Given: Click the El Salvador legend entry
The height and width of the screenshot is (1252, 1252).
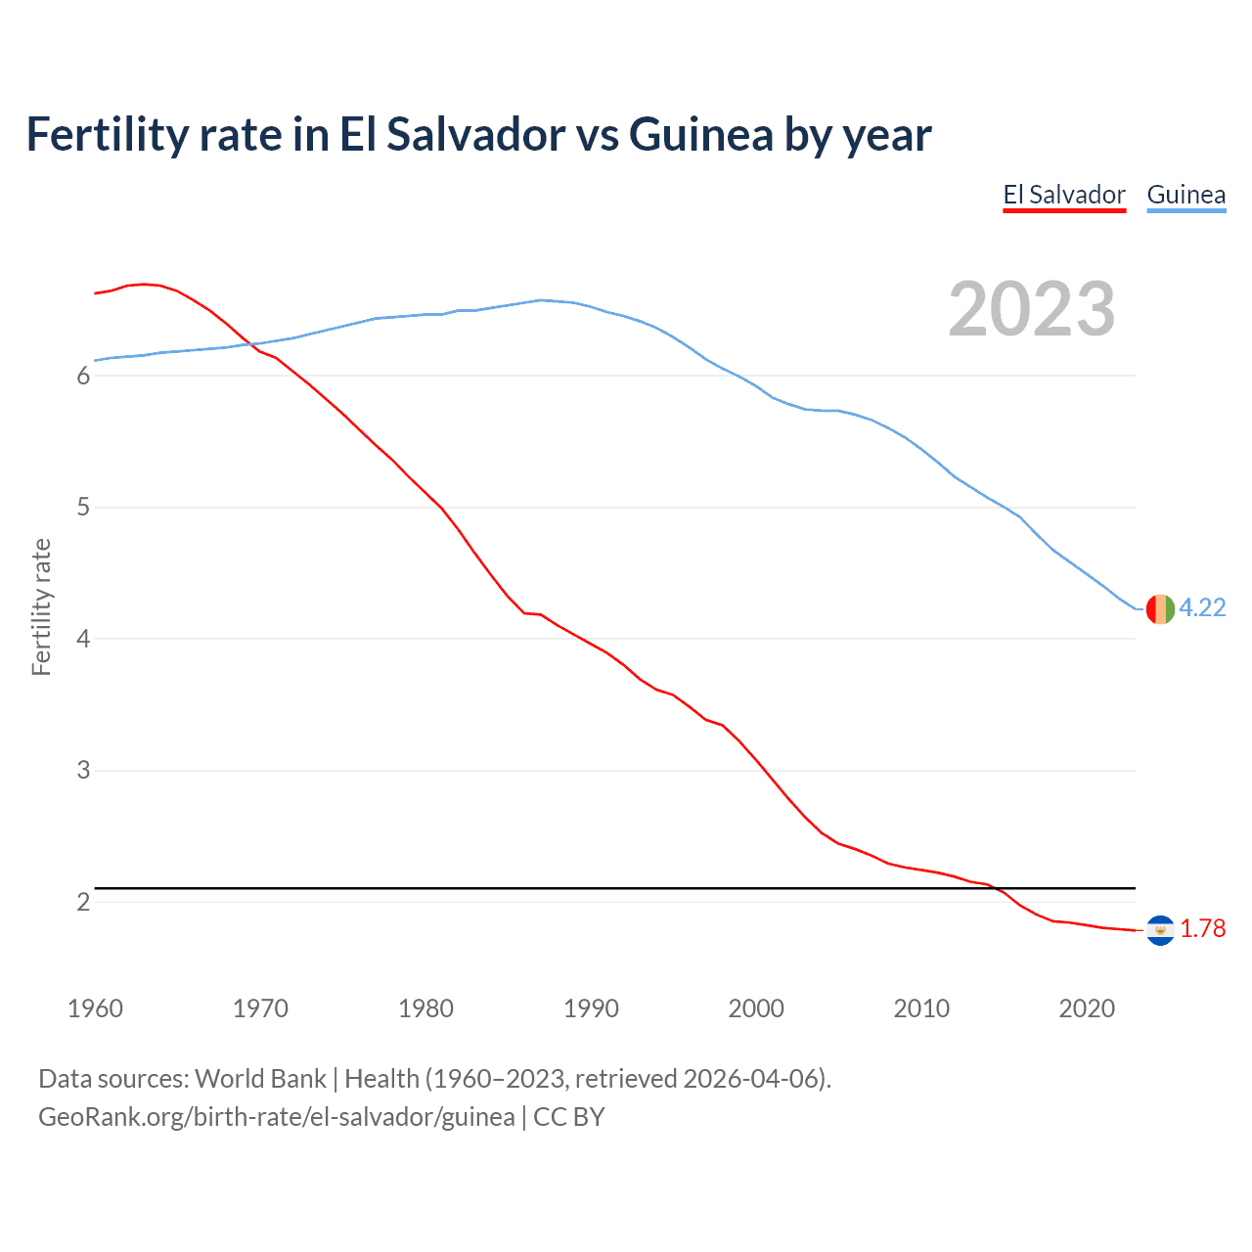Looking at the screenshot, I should (x=1064, y=195).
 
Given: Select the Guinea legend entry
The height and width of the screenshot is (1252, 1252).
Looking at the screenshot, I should (x=1185, y=195).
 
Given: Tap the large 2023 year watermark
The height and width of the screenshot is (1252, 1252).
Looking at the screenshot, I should (x=1031, y=309).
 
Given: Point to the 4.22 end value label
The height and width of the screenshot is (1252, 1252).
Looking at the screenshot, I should (x=1202, y=607).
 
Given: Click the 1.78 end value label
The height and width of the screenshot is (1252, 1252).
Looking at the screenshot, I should (x=1202, y=928).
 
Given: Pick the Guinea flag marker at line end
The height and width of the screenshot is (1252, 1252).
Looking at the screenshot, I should (x=1160, y=608).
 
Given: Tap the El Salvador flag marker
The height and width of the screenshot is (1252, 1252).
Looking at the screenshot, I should (x=1160, y=929).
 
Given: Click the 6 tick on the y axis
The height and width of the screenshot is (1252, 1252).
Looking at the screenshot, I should (x=83, y=376).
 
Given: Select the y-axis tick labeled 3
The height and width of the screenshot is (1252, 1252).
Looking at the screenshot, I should (x=83, y=770).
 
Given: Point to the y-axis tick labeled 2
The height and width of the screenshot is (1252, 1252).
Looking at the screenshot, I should (x=83, y=902).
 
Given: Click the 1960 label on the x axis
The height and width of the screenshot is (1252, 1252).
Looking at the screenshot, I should (x=95, y=1008).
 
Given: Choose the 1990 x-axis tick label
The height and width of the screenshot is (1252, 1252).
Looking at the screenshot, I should (x=591, y=1008).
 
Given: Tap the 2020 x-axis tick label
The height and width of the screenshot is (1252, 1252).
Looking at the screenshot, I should (x=1087, y=1008).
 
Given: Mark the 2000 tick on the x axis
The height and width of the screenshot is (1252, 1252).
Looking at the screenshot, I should (x=756, y=1008).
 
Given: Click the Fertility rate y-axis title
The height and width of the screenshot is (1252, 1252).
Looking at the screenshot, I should (x=41, y=606).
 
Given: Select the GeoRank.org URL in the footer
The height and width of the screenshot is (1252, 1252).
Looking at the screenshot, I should (x=276, y=1116).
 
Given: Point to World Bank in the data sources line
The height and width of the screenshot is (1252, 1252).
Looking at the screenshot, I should (x=260, y=1079).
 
